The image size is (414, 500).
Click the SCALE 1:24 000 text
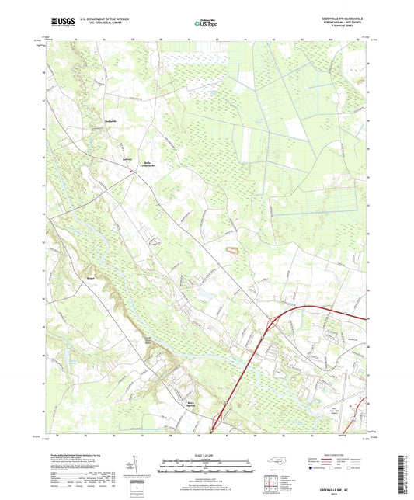pyautogui.click(x=207, y=454)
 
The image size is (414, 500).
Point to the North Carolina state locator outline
pyautogui.click(x=277, y=460)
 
